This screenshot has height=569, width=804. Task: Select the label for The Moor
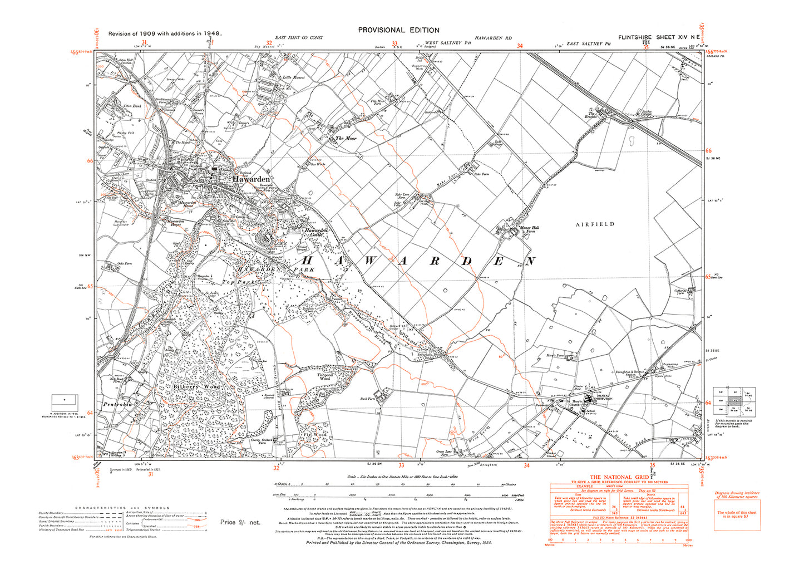[x=346, y=138]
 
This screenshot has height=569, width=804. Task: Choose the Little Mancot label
[x=294, y=77]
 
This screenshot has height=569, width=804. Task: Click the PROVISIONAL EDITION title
[x=398, y=30]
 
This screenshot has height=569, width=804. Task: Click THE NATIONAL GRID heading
[x=619, y=477]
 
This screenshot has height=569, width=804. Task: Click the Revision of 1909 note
[x=165, y=33]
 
